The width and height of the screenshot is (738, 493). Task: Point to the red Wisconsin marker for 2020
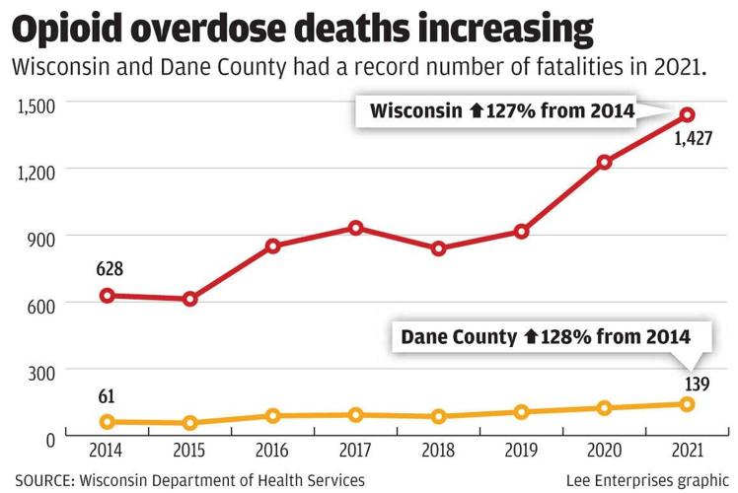(605, 162)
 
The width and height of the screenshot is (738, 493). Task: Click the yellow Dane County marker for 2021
(688, 404)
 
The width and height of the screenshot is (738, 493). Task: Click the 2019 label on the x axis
(521, 452)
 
